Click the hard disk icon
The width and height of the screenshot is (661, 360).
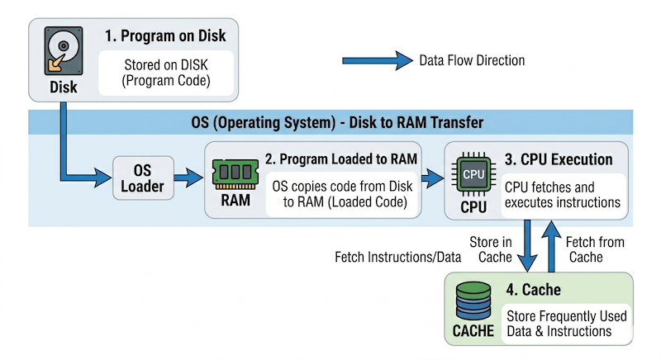[x=63, y=50]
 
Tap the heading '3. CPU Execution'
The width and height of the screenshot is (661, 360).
[x=558, y=159]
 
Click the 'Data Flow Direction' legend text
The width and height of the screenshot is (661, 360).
[x=472, y=60]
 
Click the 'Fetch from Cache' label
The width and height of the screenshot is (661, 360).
[x=595, y=249]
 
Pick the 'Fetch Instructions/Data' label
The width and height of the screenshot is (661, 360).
[x=397, y=257]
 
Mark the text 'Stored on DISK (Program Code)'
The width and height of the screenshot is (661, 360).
[x=166, y=73]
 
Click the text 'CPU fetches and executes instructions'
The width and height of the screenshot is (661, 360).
[x=562, y=195]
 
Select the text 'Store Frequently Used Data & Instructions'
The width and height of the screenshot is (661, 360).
[x=566, y=323]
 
